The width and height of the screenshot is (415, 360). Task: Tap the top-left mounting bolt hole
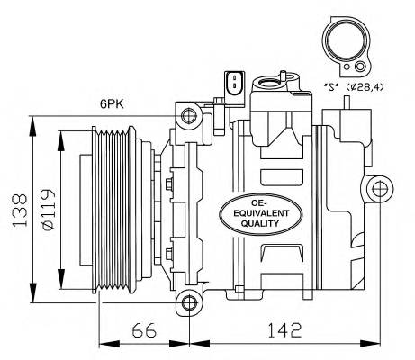click(188, 115)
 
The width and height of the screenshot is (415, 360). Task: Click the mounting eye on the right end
click(379, 188)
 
